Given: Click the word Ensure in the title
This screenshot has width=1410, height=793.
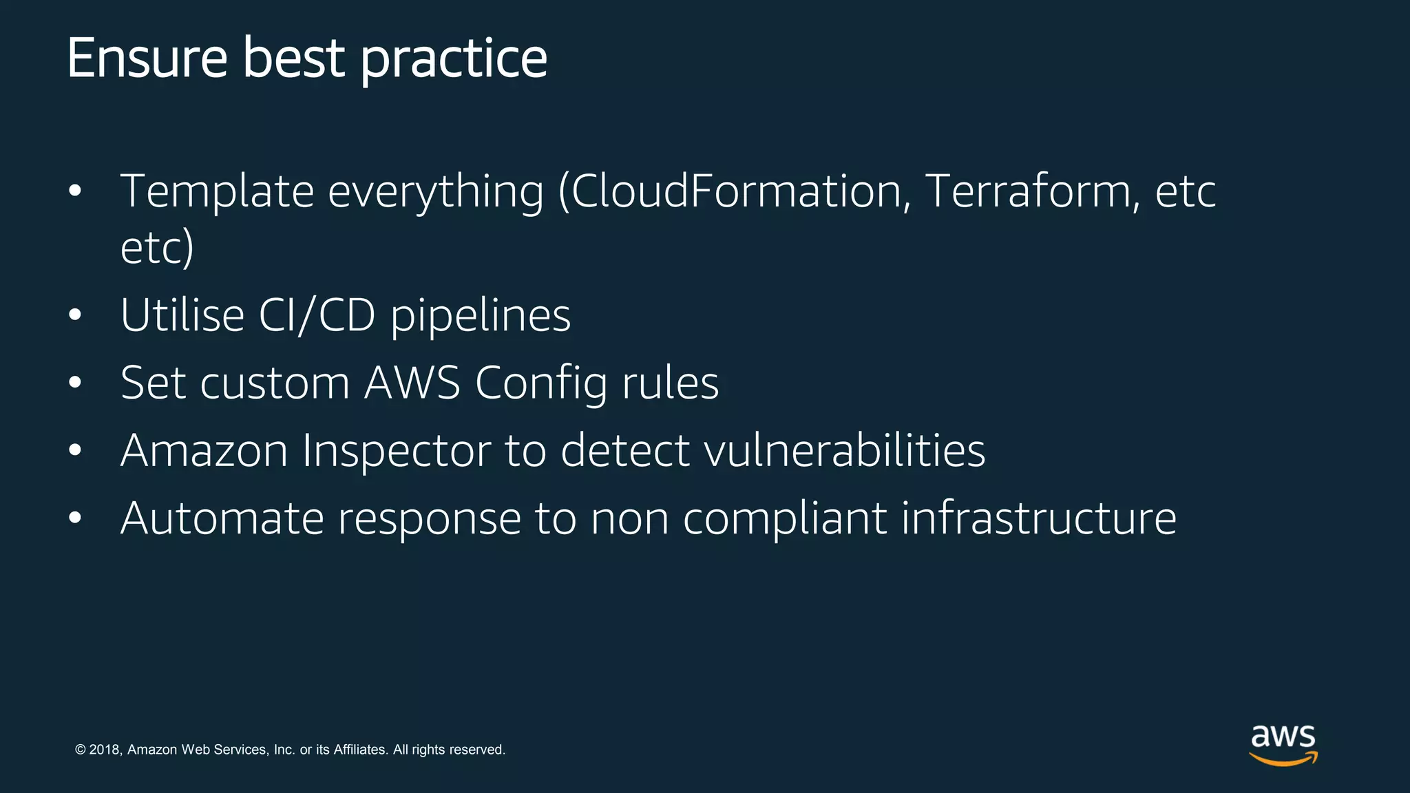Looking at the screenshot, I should (147, 59).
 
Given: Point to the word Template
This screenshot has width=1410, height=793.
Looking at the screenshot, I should (217, 193).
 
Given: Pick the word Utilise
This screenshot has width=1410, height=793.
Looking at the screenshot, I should (182, 315).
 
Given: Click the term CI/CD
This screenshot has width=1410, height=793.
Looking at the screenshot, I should (317, 316).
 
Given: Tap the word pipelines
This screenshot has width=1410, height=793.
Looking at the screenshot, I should (481, 317).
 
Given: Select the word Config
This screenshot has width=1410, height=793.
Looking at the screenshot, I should (541, 384).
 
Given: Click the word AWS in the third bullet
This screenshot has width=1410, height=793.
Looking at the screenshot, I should (412, 383).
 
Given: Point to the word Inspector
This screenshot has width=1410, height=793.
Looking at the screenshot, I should (396, 452).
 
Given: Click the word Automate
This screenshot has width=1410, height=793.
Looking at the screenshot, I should (222, 518).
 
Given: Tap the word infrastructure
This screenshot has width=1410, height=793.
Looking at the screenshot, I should (1039, 518).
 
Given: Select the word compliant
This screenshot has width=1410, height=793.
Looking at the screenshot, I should (785, 520).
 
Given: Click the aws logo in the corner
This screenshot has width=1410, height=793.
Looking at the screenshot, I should (1283, 744).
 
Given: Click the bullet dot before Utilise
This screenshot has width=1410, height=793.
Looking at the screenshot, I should (75, 316).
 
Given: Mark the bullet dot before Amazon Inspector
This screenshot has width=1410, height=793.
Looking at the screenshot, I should (75, 451).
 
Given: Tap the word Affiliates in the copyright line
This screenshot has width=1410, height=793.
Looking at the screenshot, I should (360, 750).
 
